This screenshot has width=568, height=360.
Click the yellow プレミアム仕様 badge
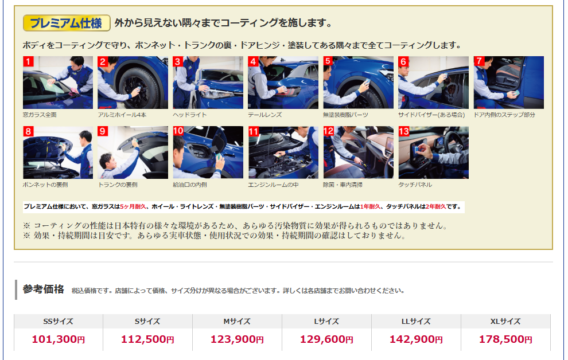(x=67, y=23)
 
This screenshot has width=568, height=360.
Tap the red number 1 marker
(x=28, y=61)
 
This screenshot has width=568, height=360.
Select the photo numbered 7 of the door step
(x=508, y=83)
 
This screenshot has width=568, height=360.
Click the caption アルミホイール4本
(x=122, y=115)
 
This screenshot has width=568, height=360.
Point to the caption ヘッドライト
(x=190, y=115)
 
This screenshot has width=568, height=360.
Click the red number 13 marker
(x=404, y=131)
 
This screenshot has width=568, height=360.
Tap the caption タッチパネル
(x=415, y=185)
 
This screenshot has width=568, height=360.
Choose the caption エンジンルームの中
(x=273, y=185)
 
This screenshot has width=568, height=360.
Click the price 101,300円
(x=59, y=339)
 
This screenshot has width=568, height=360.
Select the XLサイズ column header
(x=505, y=321)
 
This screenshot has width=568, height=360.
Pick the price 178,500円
(x=505, y=339)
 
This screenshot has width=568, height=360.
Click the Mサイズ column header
(x=237, y=321)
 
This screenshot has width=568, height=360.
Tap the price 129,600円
(x=326, y=339)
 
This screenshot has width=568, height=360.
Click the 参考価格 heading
(x=44, y=289)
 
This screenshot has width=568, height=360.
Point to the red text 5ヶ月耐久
(x=133, y=206)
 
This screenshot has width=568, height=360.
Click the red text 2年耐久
(x=436, y=206)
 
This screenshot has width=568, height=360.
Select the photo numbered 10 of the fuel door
(x=208, y=152)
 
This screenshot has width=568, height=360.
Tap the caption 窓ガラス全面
(x=40, y=115)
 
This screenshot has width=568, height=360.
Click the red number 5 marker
(x=328, y=61)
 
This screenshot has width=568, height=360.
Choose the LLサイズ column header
(x=416, y=321)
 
